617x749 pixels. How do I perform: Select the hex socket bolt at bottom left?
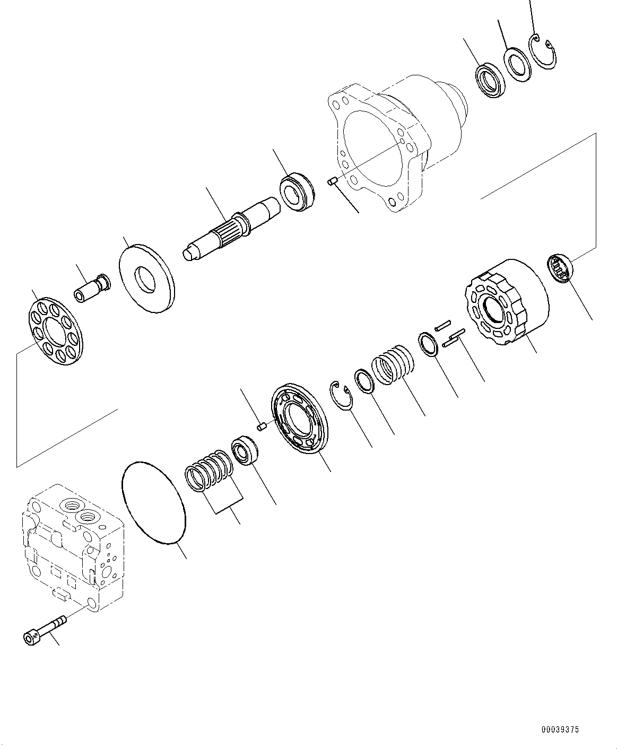point(45,629)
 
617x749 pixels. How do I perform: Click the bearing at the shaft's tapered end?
point(297,191)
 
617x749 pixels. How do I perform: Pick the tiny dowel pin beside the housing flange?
point(334,182)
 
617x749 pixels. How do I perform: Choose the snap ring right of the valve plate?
point(342,395)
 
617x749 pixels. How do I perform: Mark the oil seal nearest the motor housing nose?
point(490,81)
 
